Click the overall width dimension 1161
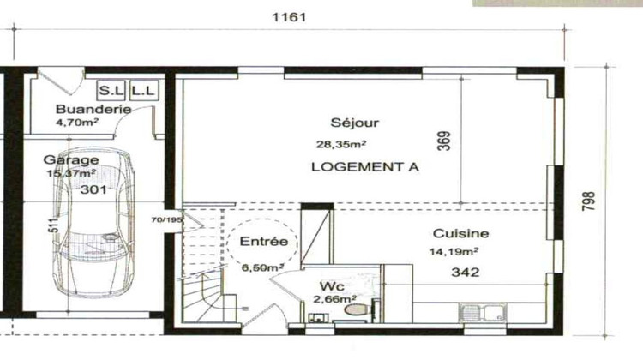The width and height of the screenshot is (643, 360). pyautogui.click(x=289, y=16)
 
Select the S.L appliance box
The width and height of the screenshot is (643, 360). pyautogui.click(x=110, y=89)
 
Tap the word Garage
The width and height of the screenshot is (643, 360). pyautogui.click(x=70, y=159)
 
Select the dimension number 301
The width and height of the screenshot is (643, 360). pyautogui.click(x=93, y=190)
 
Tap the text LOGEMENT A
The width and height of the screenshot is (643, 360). pyautogui.click(x=364, y=168)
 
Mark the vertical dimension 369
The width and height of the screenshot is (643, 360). pyautogui.click(x=443, y=140)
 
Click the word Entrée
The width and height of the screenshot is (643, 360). pyautogui.click(x=261, y=241)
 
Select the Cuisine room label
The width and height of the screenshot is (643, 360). pyautogui.click(x=460, y=233)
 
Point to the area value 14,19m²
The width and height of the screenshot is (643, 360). pyautogui.click(x=454, y=251)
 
